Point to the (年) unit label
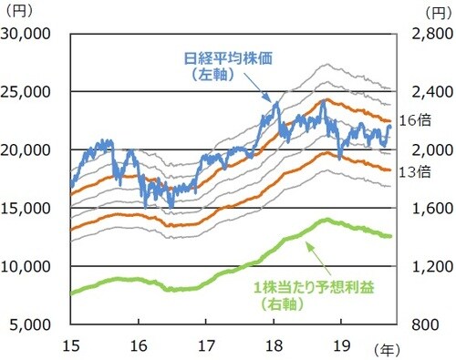coord(387,348)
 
